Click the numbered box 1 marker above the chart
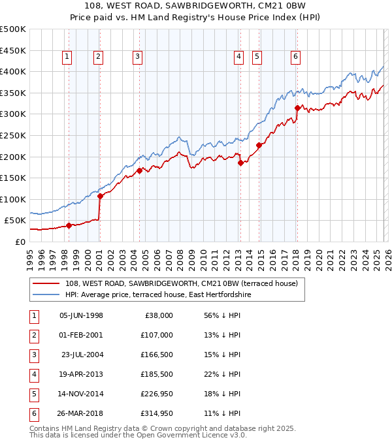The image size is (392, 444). (68, 57)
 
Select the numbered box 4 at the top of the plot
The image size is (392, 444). (239, 57)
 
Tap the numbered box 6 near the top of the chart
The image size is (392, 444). (296, 57)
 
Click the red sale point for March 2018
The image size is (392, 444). (297, 108)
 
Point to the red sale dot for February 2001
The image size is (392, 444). (100, 196)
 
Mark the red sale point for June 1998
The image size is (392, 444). (69, 225)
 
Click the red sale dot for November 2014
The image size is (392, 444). (259, 146)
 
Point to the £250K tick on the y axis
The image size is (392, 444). (13, 135)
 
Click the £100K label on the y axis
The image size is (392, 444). (13, 199)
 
